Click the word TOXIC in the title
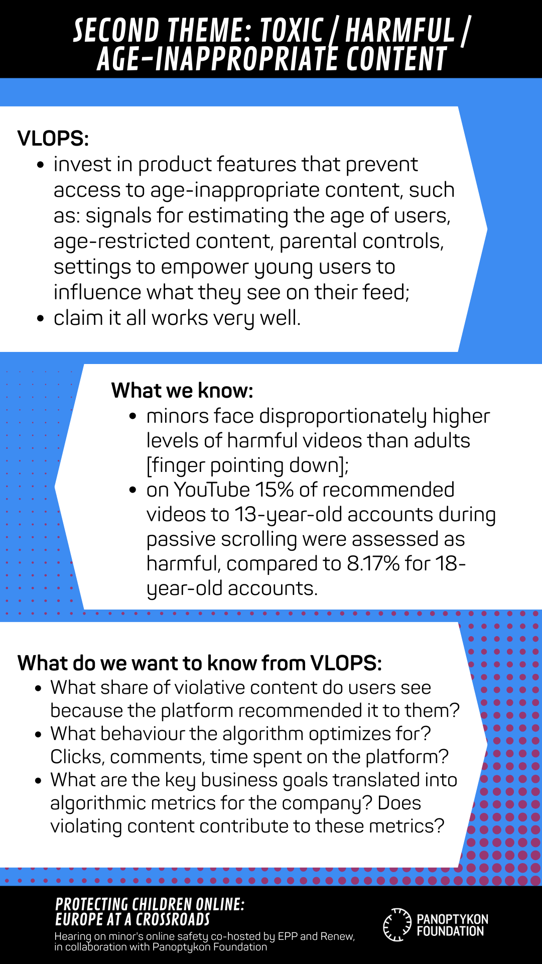tap(292, 30)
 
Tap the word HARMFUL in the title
tap(400, 30)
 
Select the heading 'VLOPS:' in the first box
tap(53, 138)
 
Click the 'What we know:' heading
tap(182, 390)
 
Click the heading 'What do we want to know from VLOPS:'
tap(200, 663)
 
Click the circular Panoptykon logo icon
tap(397, 924)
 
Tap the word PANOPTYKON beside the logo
tap(452, 919)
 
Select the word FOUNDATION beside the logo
tap(450, 931)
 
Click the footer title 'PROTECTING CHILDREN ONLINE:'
tap(150, 904)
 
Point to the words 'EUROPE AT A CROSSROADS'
tap(132, 919)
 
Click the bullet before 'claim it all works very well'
tap(41, 319)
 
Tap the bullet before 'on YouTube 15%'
tap(133, 490)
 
